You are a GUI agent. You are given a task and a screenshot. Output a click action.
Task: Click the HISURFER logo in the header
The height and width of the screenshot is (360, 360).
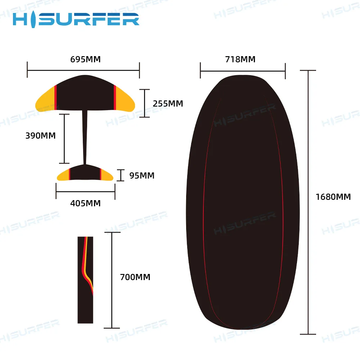coord(76,19)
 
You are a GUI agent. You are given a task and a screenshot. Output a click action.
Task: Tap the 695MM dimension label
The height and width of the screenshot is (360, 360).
coord(85,59)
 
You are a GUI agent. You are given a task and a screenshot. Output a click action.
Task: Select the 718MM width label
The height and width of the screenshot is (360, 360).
coord(240,59)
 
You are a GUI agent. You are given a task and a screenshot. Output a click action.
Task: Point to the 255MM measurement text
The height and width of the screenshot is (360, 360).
coord(168,104)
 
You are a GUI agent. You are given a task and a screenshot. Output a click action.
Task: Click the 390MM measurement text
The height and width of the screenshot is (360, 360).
coord(40,136)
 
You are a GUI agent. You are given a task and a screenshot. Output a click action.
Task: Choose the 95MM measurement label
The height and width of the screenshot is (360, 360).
coord(142,176)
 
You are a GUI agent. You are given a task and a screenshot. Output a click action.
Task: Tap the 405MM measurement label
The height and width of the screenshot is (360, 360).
coord(85,203)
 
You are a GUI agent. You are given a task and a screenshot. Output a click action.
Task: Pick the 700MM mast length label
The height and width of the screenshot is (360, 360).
coord(135,277)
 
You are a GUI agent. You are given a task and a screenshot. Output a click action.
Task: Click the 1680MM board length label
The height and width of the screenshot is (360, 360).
coord(333,197)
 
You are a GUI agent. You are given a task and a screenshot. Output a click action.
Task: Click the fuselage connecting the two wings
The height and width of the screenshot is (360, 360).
coord(85,137)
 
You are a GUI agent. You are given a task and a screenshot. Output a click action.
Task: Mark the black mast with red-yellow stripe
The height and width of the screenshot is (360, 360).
coord(85,280)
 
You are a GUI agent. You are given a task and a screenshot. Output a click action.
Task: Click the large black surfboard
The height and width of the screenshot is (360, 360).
coord(243,202)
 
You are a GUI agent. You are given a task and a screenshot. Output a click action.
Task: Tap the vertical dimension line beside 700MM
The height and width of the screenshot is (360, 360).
coord(112,280)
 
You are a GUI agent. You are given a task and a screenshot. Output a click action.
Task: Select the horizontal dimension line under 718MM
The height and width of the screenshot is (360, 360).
coord(243,71)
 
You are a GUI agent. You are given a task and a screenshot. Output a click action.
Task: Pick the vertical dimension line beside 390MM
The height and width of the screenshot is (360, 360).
coord(64,139)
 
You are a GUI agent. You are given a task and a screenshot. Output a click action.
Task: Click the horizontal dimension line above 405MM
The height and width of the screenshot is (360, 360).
coord(85,192)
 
